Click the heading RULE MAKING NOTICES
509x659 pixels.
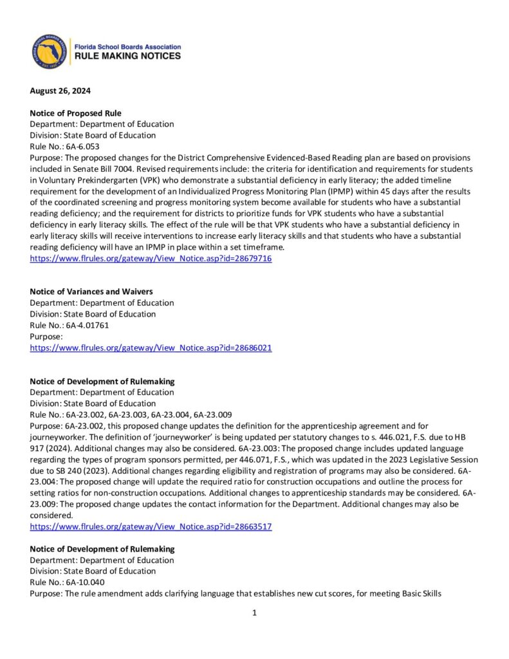click(x=127, y=57)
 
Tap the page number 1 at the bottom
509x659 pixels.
click(x=255, y=613)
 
